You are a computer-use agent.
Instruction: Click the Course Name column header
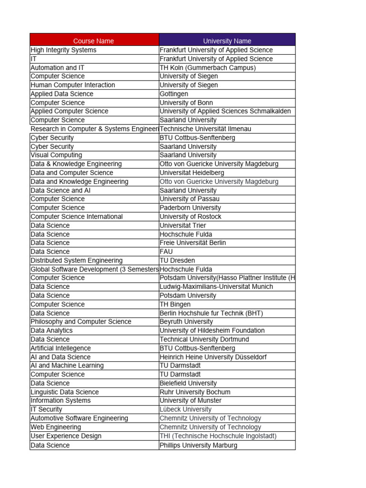(x=93, y=41)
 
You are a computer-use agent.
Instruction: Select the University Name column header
(x=227, y=41)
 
